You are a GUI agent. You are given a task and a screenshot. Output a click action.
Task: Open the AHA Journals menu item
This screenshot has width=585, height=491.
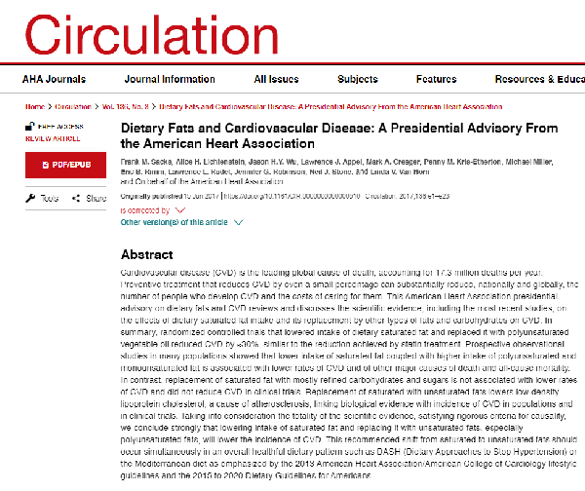pos(53,79)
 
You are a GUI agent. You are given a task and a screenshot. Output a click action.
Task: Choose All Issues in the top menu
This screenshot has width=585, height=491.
pos(277,79)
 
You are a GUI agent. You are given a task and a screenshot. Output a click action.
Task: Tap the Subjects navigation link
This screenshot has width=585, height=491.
pos(358,79)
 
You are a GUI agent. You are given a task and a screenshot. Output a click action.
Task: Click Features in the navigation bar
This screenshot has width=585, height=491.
pos(436,79)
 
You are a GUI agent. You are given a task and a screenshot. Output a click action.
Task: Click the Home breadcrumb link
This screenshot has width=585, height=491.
pos(35,105)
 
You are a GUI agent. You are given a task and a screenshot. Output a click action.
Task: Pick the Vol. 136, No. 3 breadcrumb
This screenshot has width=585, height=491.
pos(122,105)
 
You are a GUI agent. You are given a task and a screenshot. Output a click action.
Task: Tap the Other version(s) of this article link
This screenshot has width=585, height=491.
pos(175,222)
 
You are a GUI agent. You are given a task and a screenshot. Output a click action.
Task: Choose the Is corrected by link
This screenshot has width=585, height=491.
pos(145,208)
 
